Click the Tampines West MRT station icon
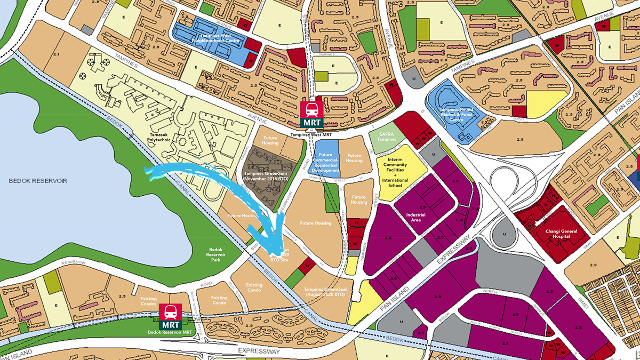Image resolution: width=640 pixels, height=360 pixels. click(x=311, y=115)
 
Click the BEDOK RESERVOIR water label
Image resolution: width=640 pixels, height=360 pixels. click(x=38, y=181)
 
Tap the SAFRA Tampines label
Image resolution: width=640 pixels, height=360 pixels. click(x=386, y=137)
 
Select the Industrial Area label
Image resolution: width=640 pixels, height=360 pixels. click(x=415, y=218)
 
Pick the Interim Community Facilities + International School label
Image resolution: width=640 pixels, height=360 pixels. click(x=394, y=170)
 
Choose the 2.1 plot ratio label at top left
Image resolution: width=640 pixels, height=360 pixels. click(x=57, y=55)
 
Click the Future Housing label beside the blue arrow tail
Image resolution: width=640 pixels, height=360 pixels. click(x=243, y=215)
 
